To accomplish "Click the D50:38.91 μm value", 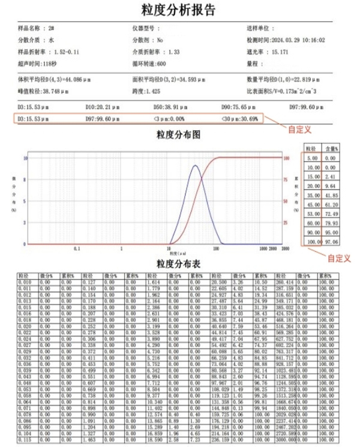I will [x=171, y=106].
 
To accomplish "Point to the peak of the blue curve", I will [x=195, y=166].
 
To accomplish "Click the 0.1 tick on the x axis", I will [x=76, y=247].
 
